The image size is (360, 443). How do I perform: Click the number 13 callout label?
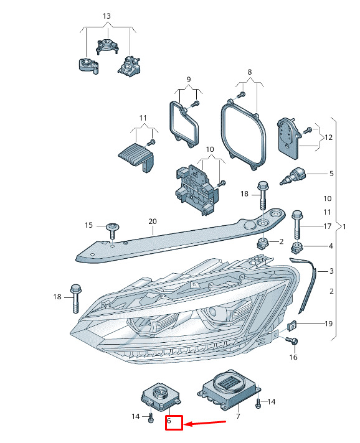click(107, 16)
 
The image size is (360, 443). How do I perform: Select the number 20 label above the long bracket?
click(153, 222)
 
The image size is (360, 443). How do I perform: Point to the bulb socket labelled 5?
click(293, 176)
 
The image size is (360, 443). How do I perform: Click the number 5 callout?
click(331, 174)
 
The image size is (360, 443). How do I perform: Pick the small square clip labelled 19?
click(292, 325)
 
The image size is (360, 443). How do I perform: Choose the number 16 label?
click(293, 357)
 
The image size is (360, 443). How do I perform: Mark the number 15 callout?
click(88, 225)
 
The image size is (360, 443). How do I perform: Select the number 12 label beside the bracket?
click(328, 138)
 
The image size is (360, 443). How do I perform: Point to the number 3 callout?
click(331, 271)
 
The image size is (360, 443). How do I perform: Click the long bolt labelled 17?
click(297, 225)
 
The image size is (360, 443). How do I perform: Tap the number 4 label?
click(331, 246)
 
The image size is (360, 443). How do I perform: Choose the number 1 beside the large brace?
click(344, 226)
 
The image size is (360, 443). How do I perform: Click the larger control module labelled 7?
click(229, 389)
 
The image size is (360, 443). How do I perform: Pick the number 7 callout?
click(238, 416)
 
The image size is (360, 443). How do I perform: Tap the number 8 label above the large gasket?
click(249, 72)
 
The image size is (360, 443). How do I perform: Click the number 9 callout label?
click(189, 80)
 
